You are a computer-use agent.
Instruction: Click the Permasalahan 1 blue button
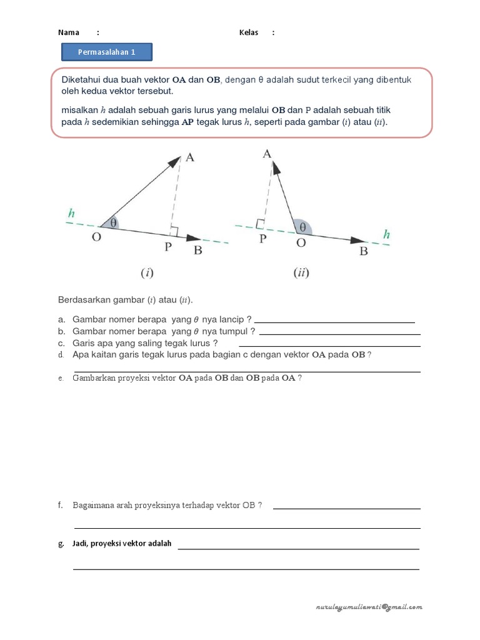(106, 52)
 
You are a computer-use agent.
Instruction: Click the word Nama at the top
(69, 32)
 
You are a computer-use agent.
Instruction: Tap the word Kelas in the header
(249, 32)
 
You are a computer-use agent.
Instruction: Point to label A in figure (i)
(190, 157)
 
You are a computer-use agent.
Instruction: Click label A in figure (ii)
(267, 154)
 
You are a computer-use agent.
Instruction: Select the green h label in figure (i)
(72, 213)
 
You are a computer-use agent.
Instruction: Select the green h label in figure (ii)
(387, 235)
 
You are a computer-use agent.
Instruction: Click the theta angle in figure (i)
(113, 222)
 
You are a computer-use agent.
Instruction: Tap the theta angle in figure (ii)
(302, 227)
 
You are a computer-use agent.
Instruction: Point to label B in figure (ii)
(363, 252)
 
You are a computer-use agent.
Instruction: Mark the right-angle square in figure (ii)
(260, 223)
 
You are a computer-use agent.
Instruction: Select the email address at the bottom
(369, 607)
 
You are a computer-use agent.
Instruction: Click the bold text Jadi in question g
(79, 544)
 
